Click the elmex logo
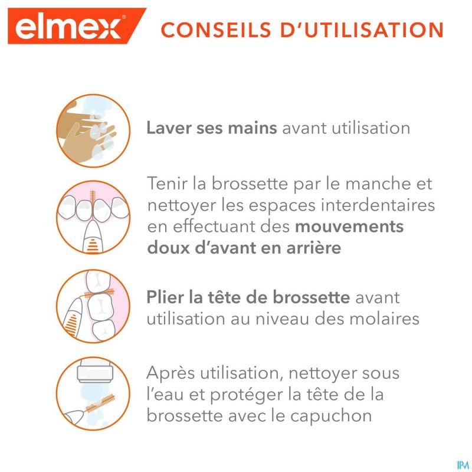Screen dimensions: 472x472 point(77,26)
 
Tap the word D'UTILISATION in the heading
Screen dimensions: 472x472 point(362,29)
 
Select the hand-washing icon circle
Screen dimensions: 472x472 point(93,131)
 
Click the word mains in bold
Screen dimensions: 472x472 point(253,127)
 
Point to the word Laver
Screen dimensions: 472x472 point(169,127)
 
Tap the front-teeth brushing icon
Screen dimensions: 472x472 point(93,217)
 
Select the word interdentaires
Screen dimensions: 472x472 point(378,205)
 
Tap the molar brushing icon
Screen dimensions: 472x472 point(93,306)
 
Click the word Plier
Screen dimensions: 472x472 point(165,298)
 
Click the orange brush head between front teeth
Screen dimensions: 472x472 point(93,199)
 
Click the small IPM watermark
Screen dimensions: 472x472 point(463,465)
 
